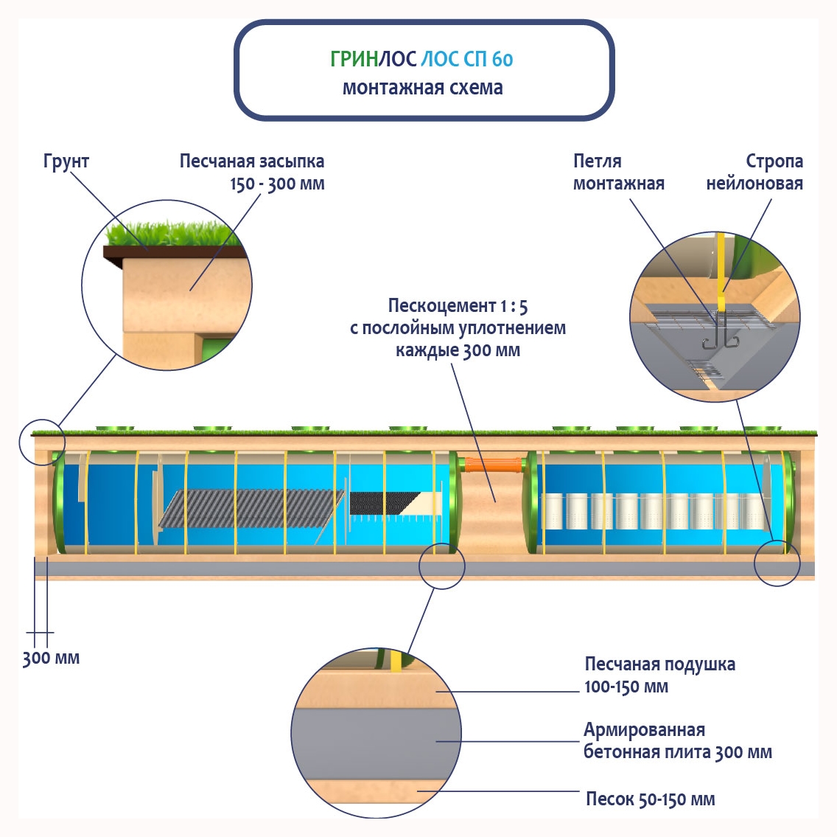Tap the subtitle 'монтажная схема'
pos(423,88)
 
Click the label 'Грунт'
pos(66,162)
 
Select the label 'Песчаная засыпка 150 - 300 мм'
pos(252,173)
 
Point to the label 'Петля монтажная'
pos(618,173)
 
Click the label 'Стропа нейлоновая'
pos(754,173)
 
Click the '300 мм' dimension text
pos(51,658)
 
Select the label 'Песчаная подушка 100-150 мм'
pos(659,675)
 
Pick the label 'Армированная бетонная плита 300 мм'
pos(677,741)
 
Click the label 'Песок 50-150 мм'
pos(650,799)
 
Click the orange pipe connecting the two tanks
pos(493,465)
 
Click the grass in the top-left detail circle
pos(173,234)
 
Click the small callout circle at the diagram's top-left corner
pos(42,442)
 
